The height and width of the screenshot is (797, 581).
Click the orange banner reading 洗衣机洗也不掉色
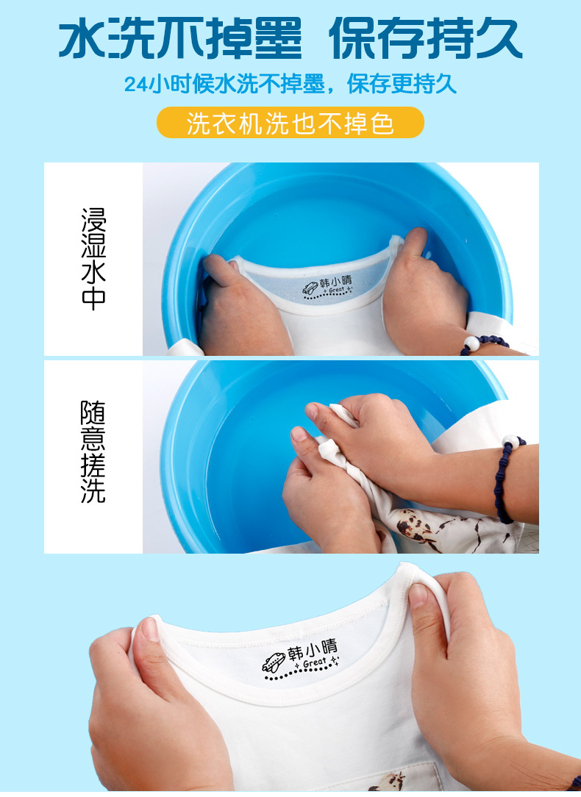[290, 123]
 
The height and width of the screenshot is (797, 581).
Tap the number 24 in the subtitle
[136, 85]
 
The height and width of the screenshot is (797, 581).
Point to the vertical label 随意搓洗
[93, 452]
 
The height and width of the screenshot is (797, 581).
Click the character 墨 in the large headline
[277, 39]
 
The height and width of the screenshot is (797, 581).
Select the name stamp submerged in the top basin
[327, 287]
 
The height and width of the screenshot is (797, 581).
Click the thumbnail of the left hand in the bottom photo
[150, 629]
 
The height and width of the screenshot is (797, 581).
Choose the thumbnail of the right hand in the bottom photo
[418, 596]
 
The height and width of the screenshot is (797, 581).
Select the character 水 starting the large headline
[83, 39]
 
